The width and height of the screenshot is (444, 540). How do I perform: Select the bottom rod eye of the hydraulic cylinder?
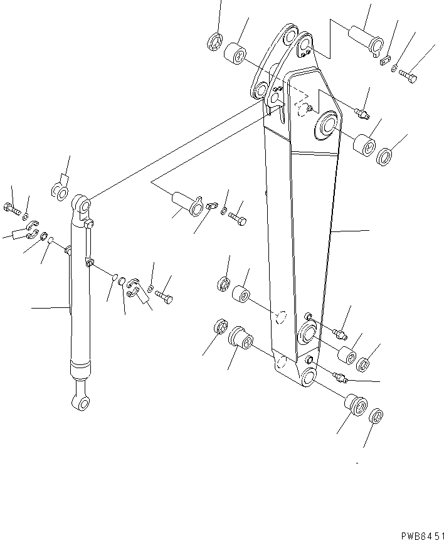click(x=81, y=403)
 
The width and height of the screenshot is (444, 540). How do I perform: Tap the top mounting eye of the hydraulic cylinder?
click(x=83, y=204)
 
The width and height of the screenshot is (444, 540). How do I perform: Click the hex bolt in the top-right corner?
click(x=409, y=77)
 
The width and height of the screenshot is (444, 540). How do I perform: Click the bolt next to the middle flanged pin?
click(x=238, y=219)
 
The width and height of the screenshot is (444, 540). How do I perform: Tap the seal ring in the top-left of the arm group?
click(x=213, y=42)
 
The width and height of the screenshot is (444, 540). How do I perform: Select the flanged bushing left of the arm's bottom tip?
click(x=240, y=338)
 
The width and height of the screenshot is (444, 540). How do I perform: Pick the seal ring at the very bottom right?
click(x=375, y=416)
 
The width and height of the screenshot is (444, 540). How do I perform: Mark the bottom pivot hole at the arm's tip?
click(x=308, y=378)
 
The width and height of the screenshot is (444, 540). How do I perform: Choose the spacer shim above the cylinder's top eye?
click(x=60, y=190)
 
